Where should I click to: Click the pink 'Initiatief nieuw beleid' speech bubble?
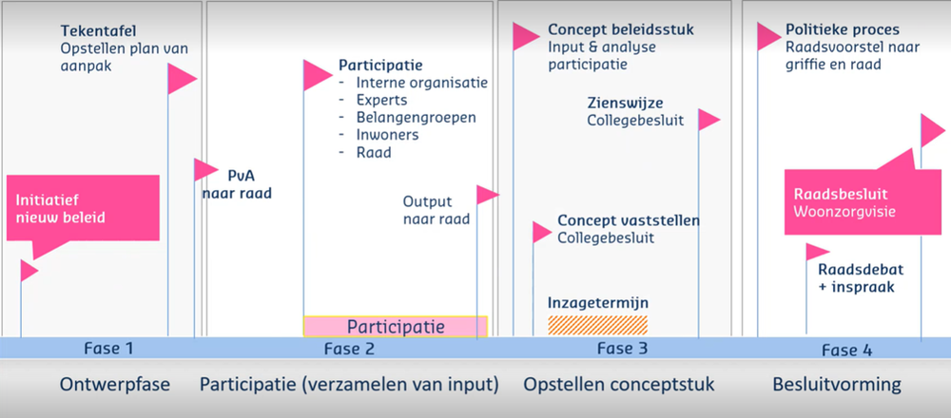pyautogui.click(x=83, y=208)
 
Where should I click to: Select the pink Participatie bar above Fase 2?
pyautogui.click(x=396, y=326)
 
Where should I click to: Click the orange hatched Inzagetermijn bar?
pyautogui.click(x=597, y=325)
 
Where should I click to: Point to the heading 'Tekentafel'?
pyautogui.click(x=98, y=30)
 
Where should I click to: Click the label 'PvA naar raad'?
pyautogui.click(x=237, y=184)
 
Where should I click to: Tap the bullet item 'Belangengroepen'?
pyautogui.click(x=417, y=117)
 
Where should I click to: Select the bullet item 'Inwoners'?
pyautogui.click(x=388, y=135)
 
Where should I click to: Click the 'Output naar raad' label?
pyautogui.click(x=437, y=210)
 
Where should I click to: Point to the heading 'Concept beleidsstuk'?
pyautogui.click(x=621, y=29)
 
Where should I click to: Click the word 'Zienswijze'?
pyautogui.click(x=625, y=103)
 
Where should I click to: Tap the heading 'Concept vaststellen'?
pyautogui.click(x=629, y=220)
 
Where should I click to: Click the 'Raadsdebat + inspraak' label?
pyautogui.click(x=856, y=278)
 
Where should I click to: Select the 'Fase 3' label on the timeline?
pyautogui.click(x=622, y=349)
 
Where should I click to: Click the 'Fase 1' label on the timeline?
pyautogui.click(x=108, y=349)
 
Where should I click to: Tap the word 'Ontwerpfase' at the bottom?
pyautogui.click(x=115, y=385)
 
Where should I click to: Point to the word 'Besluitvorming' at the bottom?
pyautogui.click(x=837, y=385)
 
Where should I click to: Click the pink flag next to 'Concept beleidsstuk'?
pyautogui.click(x=525, y=36)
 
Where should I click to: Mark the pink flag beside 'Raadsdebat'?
pyautogui.click(x=817, y=252)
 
